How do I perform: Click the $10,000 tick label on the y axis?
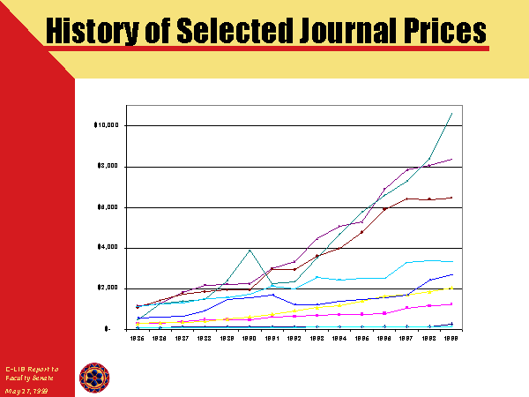106,125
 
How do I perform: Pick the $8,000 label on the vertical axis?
108,167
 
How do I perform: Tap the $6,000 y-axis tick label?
108,207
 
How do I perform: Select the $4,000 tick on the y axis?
108,248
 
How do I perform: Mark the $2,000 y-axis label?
108,288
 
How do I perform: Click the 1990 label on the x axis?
250,338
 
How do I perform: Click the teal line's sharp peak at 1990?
250,250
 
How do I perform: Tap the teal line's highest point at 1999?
452,113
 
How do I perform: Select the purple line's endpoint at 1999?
452,159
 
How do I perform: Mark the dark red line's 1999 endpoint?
452,198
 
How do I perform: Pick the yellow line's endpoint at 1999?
452,288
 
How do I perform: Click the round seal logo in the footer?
94,377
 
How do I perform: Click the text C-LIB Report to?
32,368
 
